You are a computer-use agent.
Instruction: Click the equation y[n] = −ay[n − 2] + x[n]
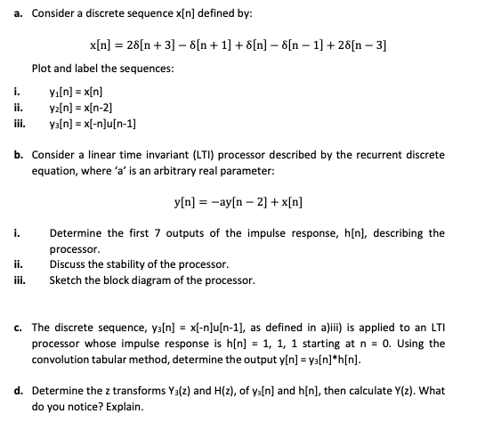point(238,202)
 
